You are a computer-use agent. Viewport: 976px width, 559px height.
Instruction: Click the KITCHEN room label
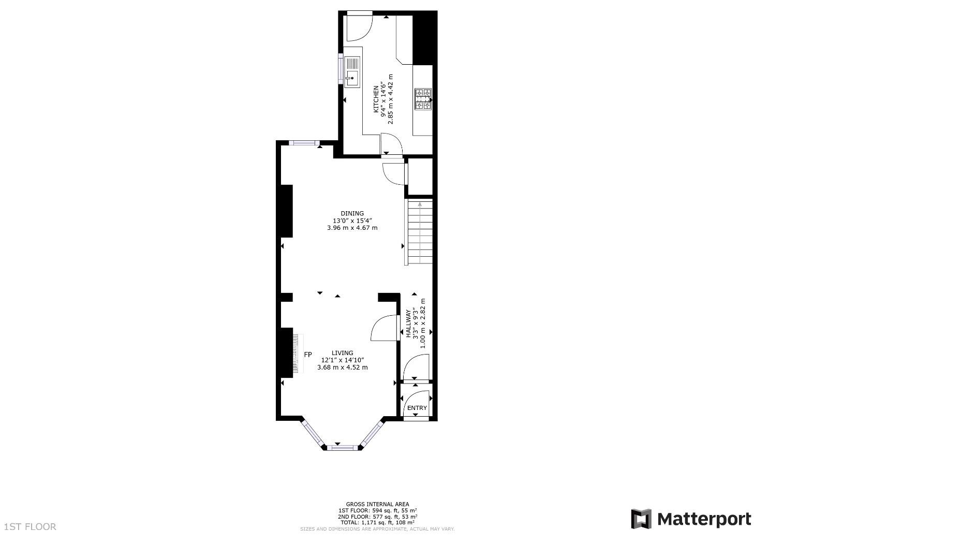click(376, 99)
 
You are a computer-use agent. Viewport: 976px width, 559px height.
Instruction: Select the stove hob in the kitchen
click(423, 99)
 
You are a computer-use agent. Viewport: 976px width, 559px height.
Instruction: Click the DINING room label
click(352, 213)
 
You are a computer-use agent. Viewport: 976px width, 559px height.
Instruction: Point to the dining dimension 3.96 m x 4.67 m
click(352, 228)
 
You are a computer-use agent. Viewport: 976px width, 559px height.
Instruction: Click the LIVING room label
click(342, 353)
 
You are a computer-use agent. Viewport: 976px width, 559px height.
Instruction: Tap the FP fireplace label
click(308, 355)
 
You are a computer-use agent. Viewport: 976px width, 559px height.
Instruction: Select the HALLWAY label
click(408, 323)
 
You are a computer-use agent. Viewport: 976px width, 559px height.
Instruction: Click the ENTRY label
click(417, 408)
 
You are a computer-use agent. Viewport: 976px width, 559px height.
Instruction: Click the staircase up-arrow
click(420, 205)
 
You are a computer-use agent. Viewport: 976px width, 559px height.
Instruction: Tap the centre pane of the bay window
click(342, 447)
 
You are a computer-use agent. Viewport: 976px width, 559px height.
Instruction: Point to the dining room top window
click(304, 143)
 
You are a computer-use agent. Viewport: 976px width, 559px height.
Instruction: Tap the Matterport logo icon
click(641, 519)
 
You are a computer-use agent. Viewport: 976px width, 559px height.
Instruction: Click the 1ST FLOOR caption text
click(30, 527)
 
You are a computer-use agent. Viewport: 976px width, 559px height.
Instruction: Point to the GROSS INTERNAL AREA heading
click(377, 504)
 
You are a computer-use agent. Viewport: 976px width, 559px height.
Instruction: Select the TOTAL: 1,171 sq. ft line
click(377, 523)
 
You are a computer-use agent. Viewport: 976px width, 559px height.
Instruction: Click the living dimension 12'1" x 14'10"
click(343, 360)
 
